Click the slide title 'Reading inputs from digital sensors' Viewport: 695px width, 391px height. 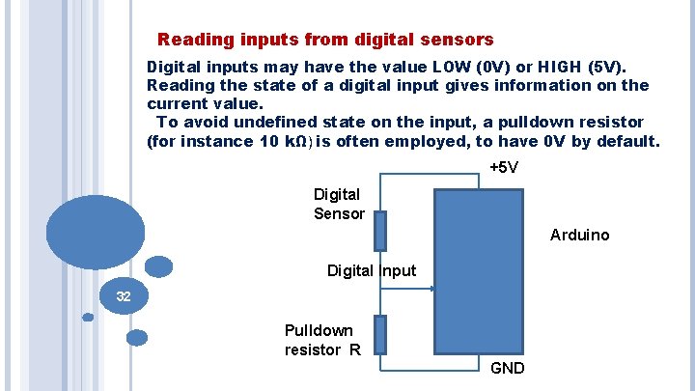tap(325, 41)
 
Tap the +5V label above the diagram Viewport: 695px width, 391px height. tap(504, 168)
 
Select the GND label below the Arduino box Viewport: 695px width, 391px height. tap(508, 368)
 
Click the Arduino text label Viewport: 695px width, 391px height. tap(579, 235)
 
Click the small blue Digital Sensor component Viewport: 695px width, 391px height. tap(380, 231)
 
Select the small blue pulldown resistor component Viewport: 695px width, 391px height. tap(380, 334)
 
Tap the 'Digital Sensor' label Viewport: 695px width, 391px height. tap(339, 204)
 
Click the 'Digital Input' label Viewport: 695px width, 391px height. tap(372, 270)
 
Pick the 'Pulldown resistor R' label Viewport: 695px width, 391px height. tap(322, 340)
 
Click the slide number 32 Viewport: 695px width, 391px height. tap(124, 296)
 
